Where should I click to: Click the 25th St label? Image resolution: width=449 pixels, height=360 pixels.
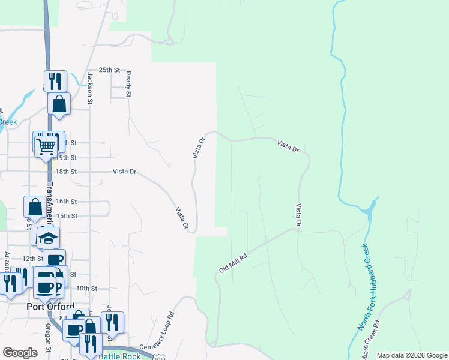pyautogui.click(x=110, y=70)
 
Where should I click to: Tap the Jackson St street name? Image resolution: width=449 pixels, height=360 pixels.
pyautogui.click(x=90, y=88)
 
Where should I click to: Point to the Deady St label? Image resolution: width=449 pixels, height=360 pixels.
pyautogui.click(x=128, y=83)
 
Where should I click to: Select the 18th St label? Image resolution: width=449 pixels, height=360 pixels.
pyautogui.click(x=67, y=171)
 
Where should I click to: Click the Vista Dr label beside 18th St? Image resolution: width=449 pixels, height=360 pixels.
pyautogui.click(x=125, y=172)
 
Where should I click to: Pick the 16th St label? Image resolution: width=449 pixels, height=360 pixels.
pyautogui.click(x=67, y=202)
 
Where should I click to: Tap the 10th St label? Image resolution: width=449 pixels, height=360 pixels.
pyautogui.click(x=86, y=289)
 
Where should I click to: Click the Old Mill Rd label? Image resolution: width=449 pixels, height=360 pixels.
pyautogui.click(x=234, y=262)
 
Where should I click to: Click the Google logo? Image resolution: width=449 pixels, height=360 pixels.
pyautogui.click(x=20, y=353)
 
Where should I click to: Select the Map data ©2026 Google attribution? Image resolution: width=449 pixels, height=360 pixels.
pyautogui.click(x=411, y=355)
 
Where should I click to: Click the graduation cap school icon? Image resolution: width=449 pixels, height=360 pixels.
pyautogui.click(x=48, y=238)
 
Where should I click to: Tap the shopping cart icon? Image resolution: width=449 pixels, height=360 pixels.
pyautogui.click(x=46, y=145)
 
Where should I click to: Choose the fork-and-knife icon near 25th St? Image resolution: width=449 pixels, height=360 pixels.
pyautogui.click(x=55, y=81)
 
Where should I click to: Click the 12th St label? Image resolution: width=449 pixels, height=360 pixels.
pyautogui.click(x=30, y=258)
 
